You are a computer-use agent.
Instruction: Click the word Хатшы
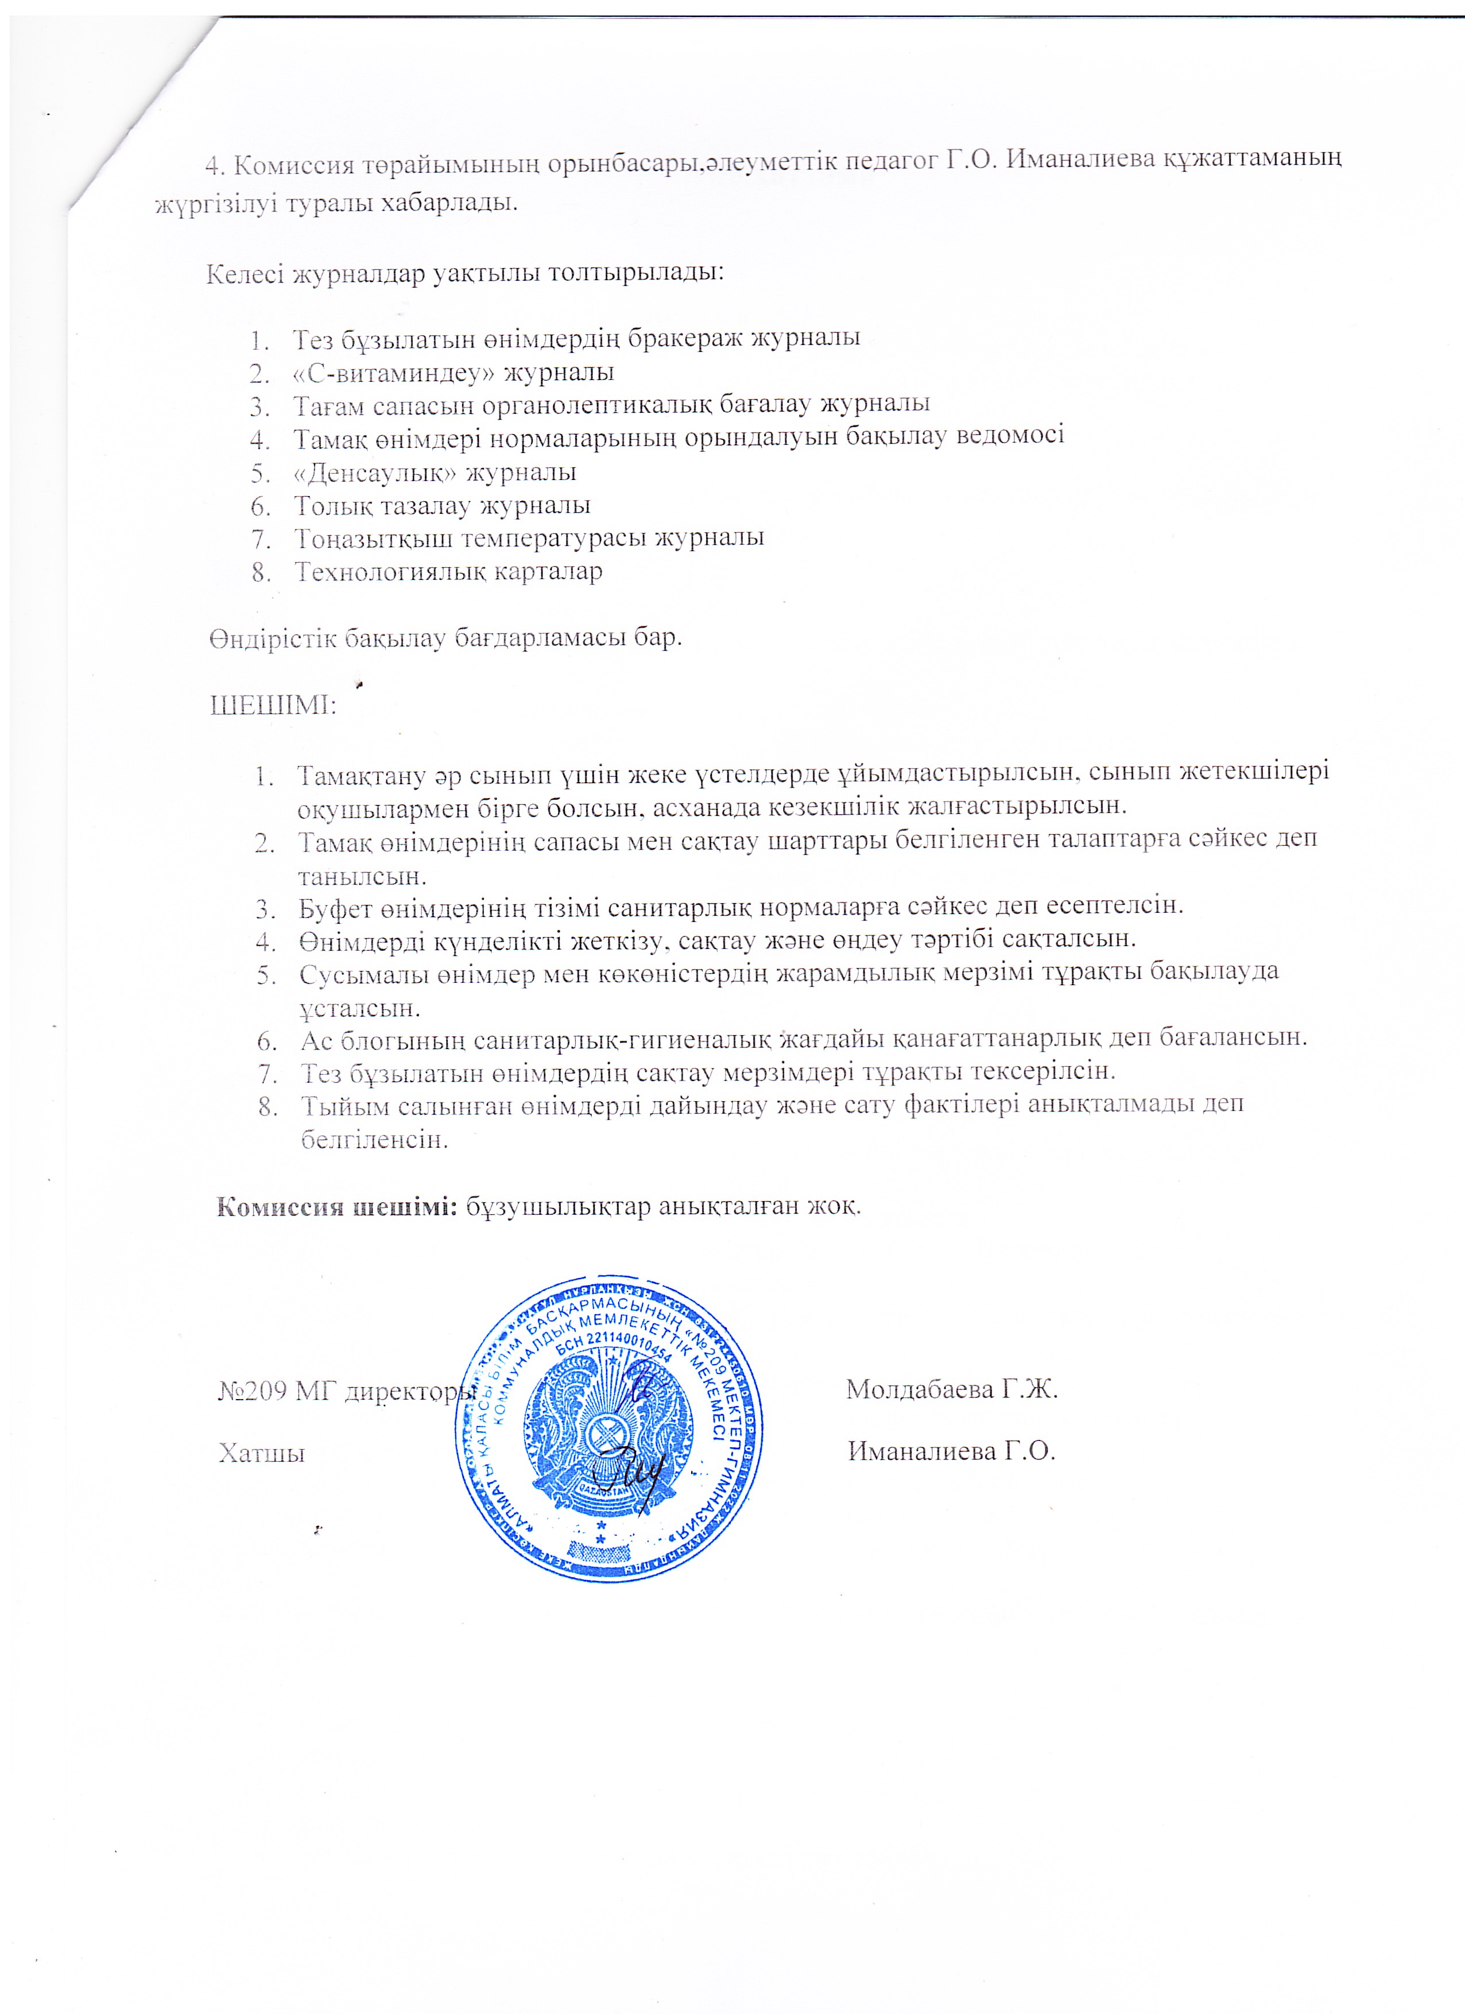(262, 1454)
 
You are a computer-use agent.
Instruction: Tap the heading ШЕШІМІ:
(272, 706)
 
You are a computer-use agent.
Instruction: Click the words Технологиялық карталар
(448, 571)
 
